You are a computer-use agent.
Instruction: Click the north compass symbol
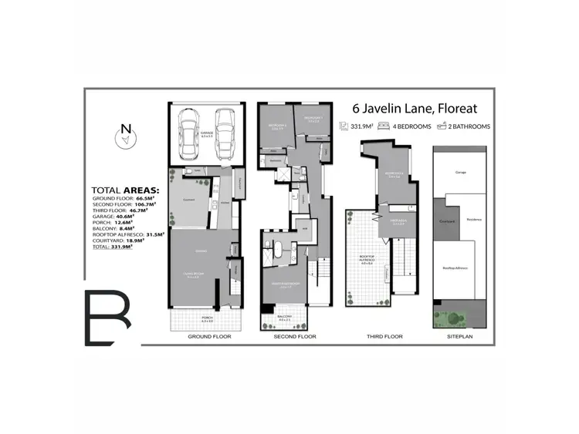tap(125, 136)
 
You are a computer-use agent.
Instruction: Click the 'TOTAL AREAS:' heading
tap(125, 190)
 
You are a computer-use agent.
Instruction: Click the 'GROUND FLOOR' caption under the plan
tap(209, 337)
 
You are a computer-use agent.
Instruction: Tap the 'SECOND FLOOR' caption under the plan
tap(296, 337)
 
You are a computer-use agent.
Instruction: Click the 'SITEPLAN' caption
tap(461, 337)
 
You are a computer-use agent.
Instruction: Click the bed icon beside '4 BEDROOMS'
tap(384, 126)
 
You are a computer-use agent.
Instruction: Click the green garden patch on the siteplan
tap(457, 315)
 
